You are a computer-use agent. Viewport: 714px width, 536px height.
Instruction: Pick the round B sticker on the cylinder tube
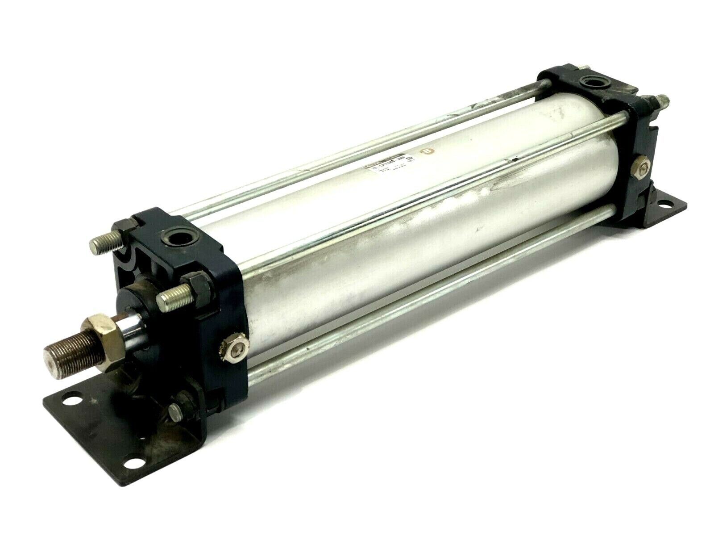[x=428, y=151]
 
